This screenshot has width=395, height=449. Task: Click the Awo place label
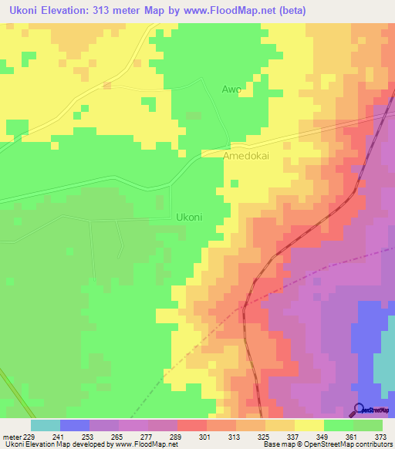[231, 89]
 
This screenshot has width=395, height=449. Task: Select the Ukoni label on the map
[189, 217]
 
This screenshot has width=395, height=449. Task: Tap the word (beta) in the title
[291, 11]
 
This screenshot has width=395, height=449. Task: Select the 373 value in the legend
[381, 436]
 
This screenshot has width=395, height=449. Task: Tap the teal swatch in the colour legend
[45, 425]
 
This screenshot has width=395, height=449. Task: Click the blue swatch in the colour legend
[74, 425]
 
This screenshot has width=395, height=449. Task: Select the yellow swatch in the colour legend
[309, 425]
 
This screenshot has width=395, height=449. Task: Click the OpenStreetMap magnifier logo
[360, 409]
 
